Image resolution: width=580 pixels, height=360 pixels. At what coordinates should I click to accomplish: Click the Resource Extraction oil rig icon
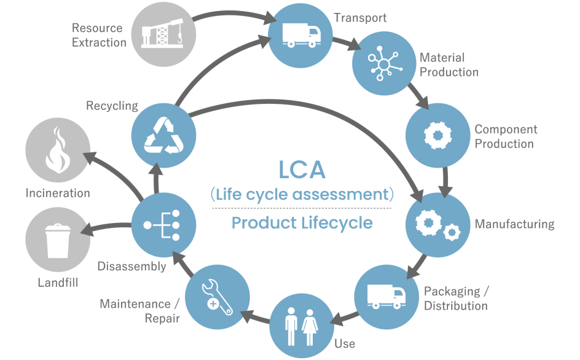(x=162, y=34)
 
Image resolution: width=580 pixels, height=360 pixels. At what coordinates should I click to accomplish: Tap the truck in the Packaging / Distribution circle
(x=386, y=297)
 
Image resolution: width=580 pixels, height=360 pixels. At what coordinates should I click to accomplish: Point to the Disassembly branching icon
(x=163, y=225)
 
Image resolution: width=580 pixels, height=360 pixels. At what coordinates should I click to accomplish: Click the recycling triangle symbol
(x=163, y=134)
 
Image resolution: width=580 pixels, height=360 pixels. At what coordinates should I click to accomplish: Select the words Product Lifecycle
(x=302, y=222)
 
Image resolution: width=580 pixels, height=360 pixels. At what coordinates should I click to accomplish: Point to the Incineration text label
(x=58, y=193)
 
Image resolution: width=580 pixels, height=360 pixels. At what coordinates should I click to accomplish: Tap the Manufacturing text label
(x=514, y=224)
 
